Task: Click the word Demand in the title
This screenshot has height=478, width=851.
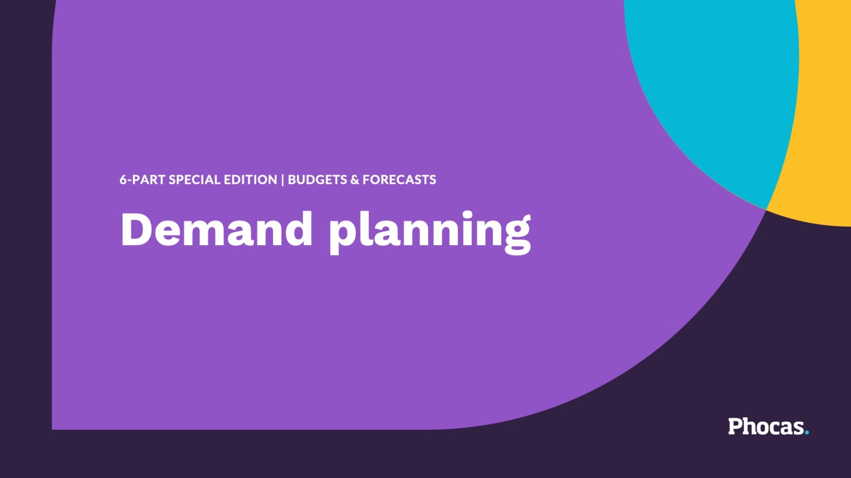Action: click(216, 230)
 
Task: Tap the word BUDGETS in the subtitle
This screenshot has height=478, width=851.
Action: click(317, 180)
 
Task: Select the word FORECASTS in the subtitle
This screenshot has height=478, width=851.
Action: click(399, 180)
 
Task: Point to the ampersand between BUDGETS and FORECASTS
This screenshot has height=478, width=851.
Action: click(355, 180)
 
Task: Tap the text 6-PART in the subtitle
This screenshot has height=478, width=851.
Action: click(142, 180)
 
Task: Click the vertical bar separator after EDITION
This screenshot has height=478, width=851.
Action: click(282, 180)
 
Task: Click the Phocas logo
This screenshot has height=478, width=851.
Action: click(767, 426)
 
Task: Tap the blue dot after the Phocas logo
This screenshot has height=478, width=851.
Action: click(807, 433)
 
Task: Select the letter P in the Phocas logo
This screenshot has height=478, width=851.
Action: click(735, 426)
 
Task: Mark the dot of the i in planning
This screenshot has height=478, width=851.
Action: click(467, 213)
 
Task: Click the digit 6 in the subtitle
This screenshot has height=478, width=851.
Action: click(123, 180)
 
